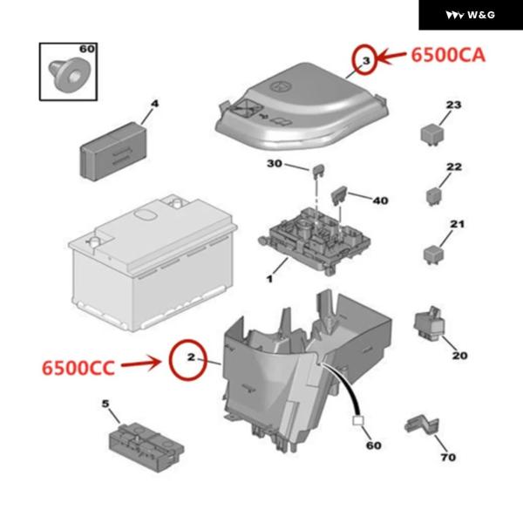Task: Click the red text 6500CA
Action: pyautogui.click(x=447, y=55)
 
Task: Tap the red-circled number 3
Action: pyautogui.click(x=366, y=59)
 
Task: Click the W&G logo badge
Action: pyautogui.click(x=471, y=15)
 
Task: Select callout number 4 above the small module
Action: pyautogui.click(x=154, y=105)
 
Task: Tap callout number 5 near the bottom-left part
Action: pyautogui.click(x=105, y=404)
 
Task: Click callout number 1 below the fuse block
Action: pyautogui.click(x=270, y=279)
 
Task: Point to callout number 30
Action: pyautogui.click(x=274, y=164)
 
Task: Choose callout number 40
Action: pyautogui.click(x=380, y=200)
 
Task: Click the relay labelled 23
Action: pyautogui.click(x=430, y=132)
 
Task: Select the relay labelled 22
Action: pyautogui.click(x=433, y=194)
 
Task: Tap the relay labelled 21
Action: pyautogui.click(x=433, y=253)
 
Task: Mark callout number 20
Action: pyautogui.click(x=459, y=356)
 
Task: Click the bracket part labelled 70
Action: pyautogui.click(x=420, y=426)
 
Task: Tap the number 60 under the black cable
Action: pyautogui.click(x=373, y=445)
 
